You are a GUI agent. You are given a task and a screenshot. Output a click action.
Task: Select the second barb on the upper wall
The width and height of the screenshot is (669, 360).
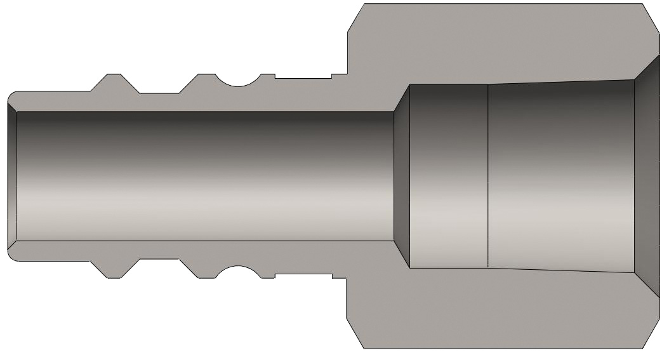coord(202,83)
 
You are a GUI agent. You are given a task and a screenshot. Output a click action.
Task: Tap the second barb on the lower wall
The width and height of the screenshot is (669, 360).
coord(202,270)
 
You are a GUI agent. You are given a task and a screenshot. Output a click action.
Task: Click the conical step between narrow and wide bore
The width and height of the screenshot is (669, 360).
coord(401,176)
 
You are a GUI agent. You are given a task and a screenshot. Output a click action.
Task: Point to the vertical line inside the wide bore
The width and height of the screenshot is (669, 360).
coord(487,176)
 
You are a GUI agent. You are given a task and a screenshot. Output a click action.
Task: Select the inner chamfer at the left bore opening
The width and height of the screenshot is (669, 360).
coord(12,176)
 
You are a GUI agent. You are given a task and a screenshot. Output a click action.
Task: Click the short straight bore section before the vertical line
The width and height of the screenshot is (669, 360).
coord(448,176)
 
